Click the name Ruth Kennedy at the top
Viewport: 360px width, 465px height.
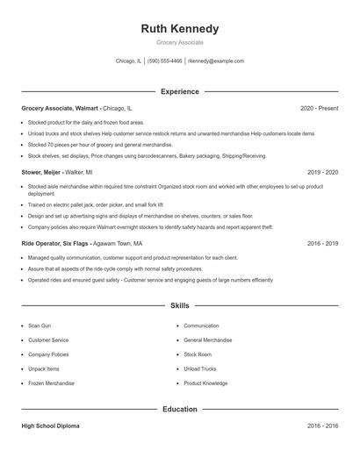coord(180,29)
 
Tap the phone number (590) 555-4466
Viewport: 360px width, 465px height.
coord(165,61)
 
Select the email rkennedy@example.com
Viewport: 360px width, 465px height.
coord(217,61)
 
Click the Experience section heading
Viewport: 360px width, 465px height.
coord(180,91)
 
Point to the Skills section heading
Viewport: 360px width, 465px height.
coord(180,306)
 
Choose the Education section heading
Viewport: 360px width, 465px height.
coord(180,409)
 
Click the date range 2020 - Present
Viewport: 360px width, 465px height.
coord(319,108)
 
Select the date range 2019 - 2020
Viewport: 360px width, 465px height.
coord(322,173)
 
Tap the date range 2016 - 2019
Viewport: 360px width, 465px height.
coord(322,244)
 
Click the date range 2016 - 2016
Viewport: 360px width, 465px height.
coord(322,426)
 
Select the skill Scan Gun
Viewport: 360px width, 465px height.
coord(40,325)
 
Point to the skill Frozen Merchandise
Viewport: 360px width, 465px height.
coord(52,383)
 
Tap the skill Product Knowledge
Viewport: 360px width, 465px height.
coord(205,383)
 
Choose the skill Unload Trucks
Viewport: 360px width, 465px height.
coord(199,368)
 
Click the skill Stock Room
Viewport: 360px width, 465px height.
coord(198,354)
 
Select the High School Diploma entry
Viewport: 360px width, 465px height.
coord(50,426)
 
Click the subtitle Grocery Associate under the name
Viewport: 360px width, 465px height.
coord(180,42)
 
